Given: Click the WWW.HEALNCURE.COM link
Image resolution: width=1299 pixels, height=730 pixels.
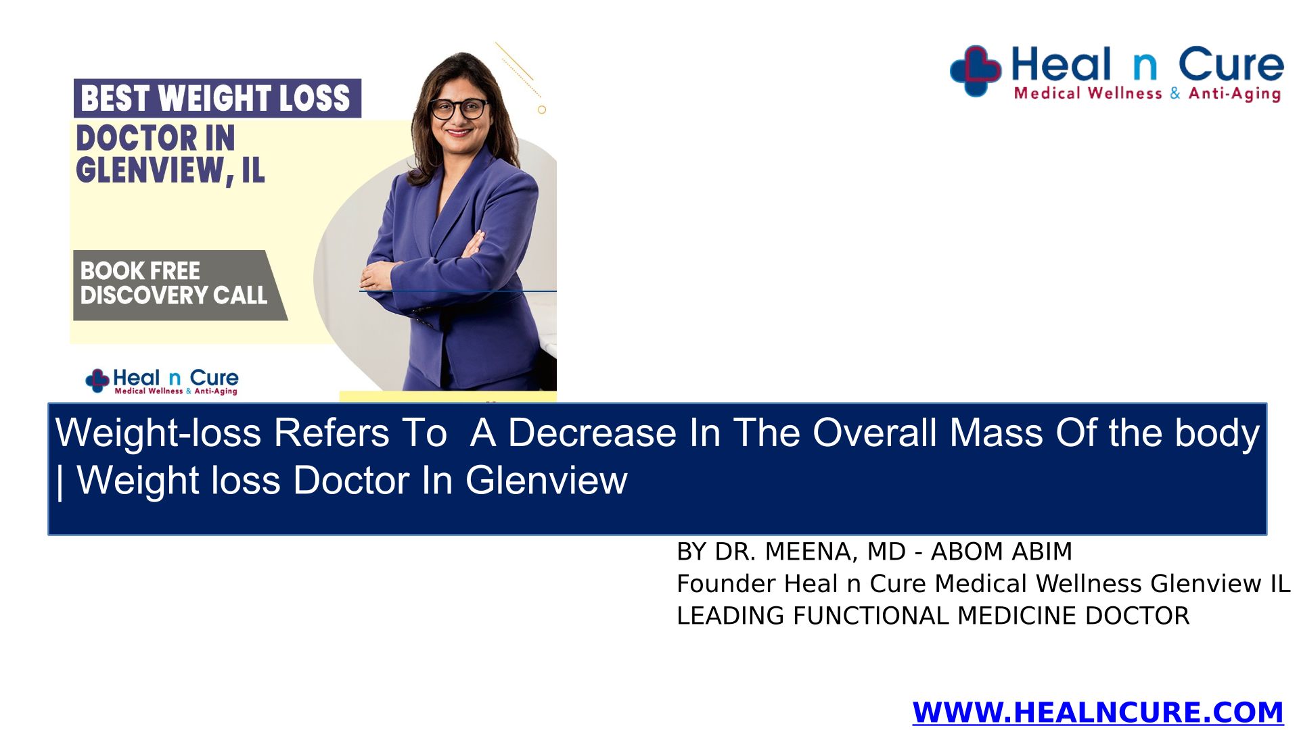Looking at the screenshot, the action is (x=1097, y=712).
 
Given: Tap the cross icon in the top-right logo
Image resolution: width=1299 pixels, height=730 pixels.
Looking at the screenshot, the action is (x=976, y=71).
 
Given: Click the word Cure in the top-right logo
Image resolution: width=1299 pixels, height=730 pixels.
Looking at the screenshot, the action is (x=1231, y=65).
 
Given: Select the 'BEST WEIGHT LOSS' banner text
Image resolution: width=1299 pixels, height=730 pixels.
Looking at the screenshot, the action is (x=216, y=98).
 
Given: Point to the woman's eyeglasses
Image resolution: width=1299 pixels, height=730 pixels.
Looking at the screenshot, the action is (x=459, y=108).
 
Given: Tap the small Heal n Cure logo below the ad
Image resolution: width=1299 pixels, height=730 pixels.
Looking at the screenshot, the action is (x=162, y=381).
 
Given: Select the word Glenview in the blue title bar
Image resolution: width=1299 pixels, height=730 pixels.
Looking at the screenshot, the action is (x=546, y=481).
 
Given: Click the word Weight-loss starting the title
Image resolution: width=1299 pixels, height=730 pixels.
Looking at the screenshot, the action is (x=158, y=433).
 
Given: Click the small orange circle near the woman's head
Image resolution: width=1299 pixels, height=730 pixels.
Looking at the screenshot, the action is (x=542, y=109).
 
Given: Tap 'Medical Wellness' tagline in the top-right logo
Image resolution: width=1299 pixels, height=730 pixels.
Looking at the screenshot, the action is (x=1088, y=93).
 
